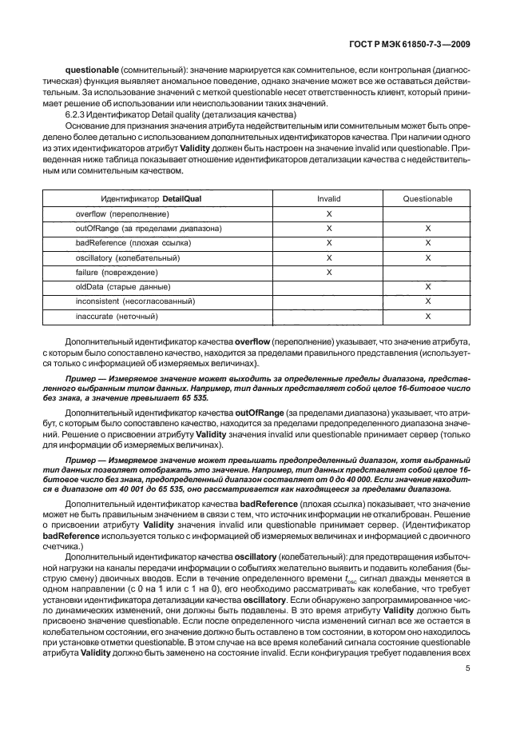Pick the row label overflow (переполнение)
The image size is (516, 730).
(122, 214)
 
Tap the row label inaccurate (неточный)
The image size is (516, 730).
(119, 315)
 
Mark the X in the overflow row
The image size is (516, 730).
(328, 214)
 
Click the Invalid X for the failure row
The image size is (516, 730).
(328, 272)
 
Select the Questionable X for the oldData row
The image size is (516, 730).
(428, 286)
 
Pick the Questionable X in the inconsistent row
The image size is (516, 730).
(428, 301)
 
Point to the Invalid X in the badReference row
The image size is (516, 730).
(328, 243)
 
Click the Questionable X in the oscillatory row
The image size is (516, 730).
(428, 257)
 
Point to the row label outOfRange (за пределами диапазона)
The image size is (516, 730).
(149, 229)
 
